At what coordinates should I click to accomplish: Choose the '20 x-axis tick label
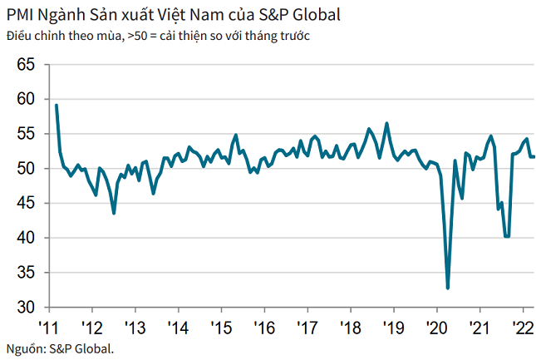[436, 326]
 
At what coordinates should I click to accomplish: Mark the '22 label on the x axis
[523, 326]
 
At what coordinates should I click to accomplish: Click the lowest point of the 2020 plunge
[448, 288]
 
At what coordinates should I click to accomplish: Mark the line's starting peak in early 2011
[56, 105]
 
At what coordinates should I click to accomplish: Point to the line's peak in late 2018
[386, 123]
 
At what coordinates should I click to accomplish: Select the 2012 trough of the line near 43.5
[114, 213]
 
